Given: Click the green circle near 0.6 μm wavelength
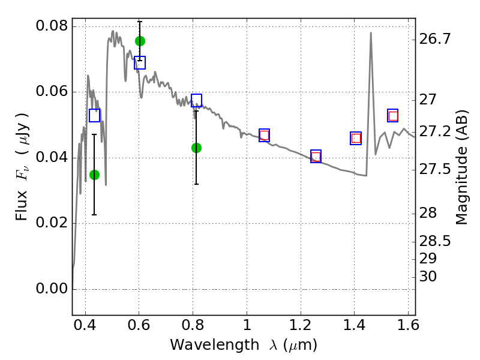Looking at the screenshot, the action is point(140,41).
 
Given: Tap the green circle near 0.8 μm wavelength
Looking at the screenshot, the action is point(196,148).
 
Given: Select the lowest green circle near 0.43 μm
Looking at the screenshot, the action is point(94,175).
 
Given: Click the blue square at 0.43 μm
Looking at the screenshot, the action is point(94,115).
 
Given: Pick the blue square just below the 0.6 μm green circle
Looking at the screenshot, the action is point(140,63).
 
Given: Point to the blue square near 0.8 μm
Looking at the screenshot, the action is point(196,100).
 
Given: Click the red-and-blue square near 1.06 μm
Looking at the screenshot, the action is point(264,136).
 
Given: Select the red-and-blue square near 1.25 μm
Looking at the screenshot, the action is point(316,157).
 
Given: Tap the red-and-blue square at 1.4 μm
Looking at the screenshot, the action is point(356,139).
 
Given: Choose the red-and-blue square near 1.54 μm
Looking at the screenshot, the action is point(393,116).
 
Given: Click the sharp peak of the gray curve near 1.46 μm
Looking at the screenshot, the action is point(371,32).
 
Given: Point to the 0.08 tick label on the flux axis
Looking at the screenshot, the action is point(52,26).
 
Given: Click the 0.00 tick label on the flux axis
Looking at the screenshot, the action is point(52,289).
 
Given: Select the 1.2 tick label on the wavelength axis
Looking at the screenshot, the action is point(301,325).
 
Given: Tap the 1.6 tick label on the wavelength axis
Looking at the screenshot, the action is point(408,325).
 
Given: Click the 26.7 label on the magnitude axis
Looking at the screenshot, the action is point(434,39).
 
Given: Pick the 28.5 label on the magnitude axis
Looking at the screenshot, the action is point(434,242).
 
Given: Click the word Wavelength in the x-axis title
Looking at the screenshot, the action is point(215,345).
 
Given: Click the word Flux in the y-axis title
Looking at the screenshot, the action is point(22,206).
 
